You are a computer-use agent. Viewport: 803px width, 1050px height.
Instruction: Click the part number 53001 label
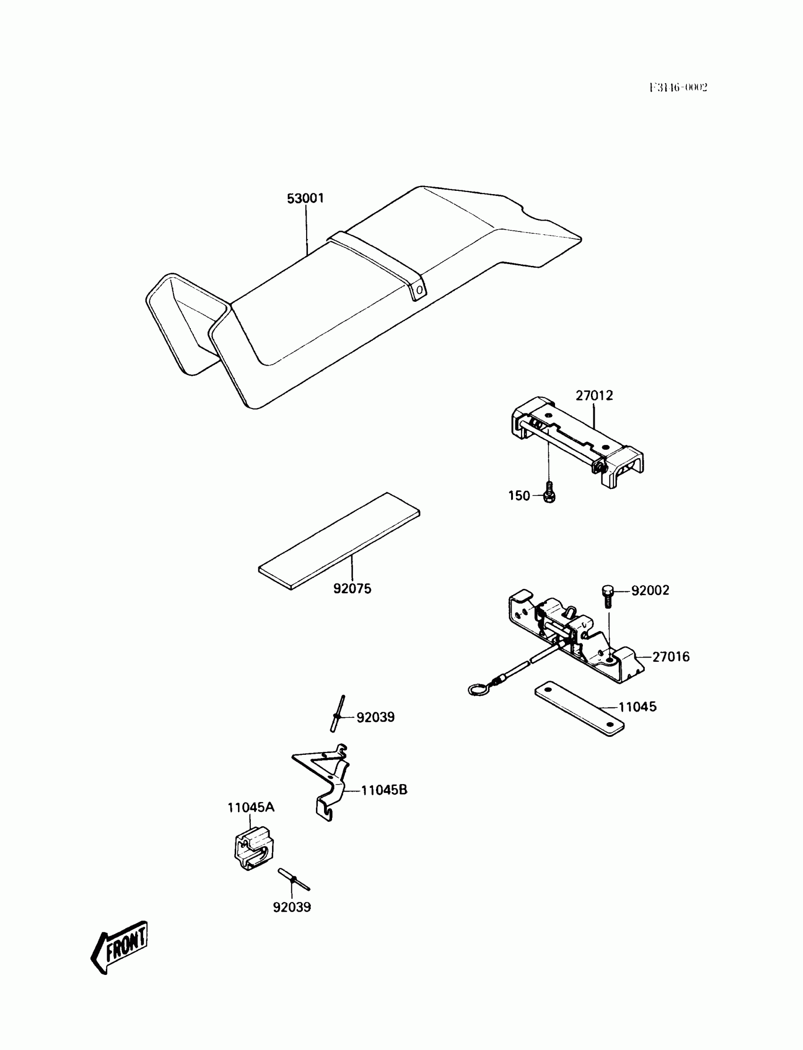click(x=305, y=198)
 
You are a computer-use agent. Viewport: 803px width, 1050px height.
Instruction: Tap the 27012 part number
click(x=594, y=396)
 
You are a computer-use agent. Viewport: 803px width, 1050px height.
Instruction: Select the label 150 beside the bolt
click(x=519, y=496)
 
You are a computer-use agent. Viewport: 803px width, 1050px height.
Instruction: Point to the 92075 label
click(x=352, y=589)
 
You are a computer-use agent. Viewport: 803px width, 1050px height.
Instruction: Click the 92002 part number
click(x=650, y=591)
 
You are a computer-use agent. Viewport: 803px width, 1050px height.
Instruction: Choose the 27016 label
click(x=671, y=657)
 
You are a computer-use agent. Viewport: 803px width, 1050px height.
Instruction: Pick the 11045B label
click(x=384, y=790)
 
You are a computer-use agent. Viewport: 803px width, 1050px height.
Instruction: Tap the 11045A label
click(x=251, y=807)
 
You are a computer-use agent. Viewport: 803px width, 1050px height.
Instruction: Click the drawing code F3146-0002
click(x=678, y=87)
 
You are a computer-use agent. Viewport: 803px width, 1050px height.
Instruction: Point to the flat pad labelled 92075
click(x=339, y=541)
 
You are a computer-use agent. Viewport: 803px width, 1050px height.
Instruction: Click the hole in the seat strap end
click(x=419, y=290)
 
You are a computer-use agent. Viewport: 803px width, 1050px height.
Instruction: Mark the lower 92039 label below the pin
click(x=291, y=906)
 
